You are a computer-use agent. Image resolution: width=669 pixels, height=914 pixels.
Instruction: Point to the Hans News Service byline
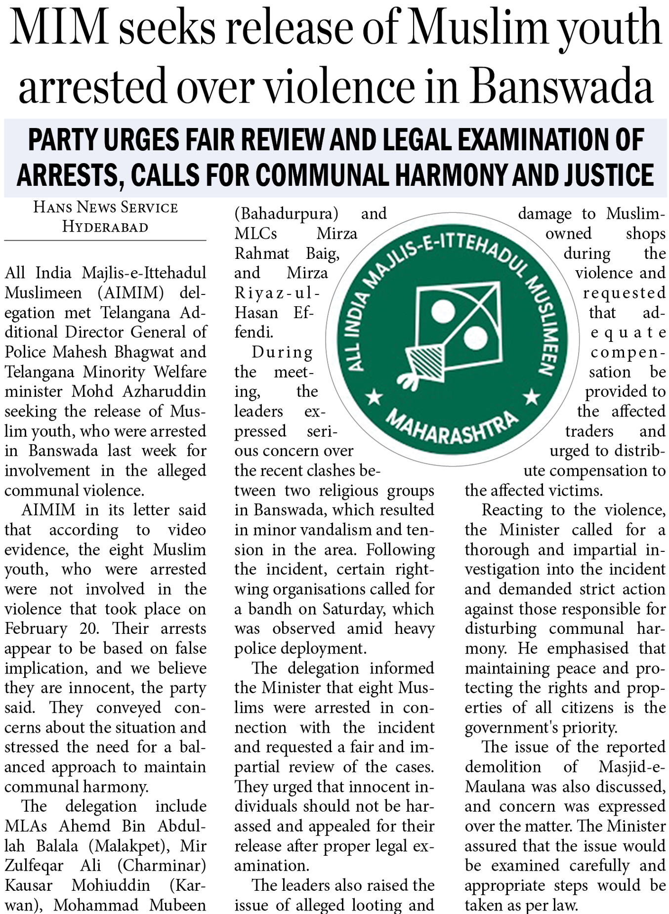tap(105, 207)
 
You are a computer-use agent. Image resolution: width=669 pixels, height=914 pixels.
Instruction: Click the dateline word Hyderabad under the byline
tap(105, 227)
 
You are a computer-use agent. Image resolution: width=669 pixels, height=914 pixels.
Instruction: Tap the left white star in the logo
tap(374, 396)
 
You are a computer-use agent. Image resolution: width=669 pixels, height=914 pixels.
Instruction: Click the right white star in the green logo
tap(532, 396)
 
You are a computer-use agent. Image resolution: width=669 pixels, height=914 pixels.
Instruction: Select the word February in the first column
tap(36, 629)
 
